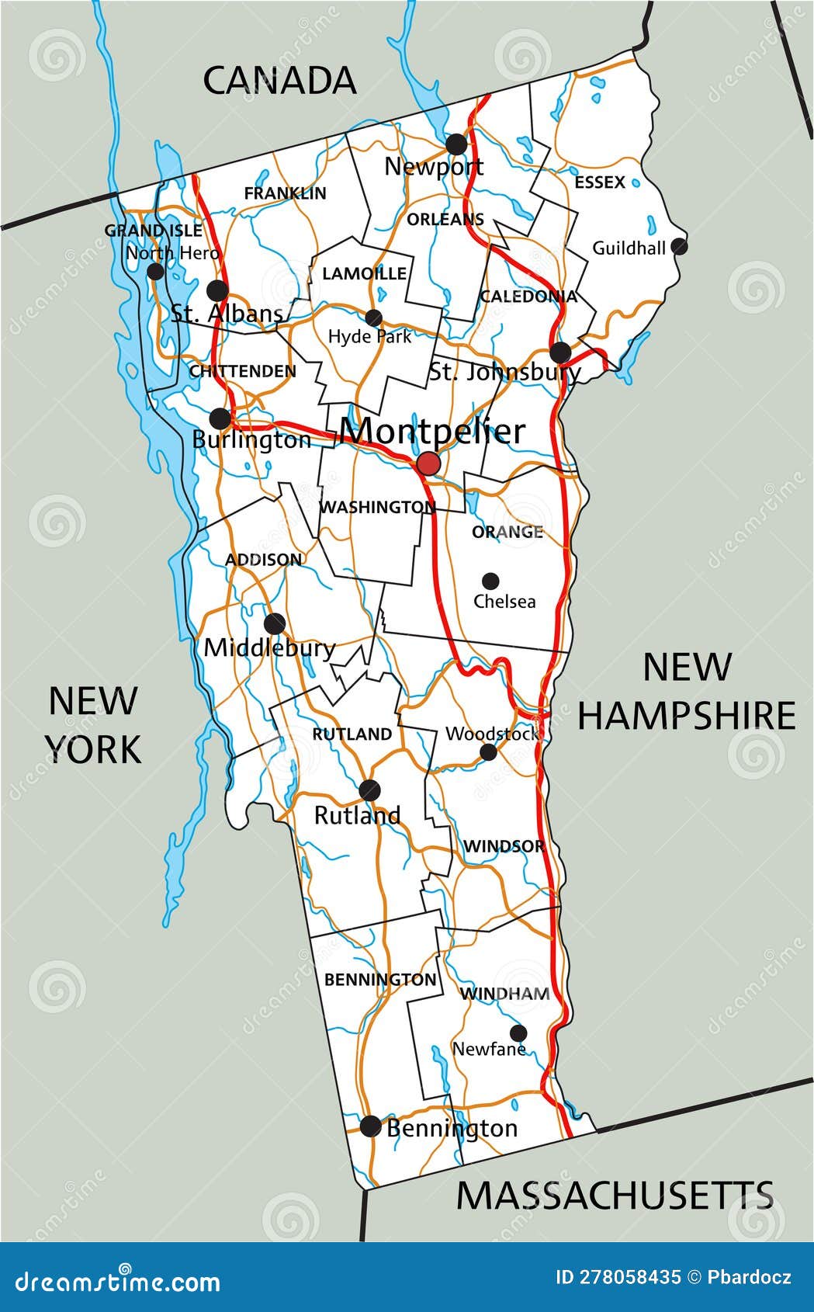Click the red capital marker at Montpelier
[x=428, y=464]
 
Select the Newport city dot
[x=456, y=144]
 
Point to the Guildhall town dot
[x=680, y=247]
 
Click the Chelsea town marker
[x=490, y=581]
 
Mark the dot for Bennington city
[x=371, y=1126]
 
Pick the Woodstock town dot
[x=489, y=751]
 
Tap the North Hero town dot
[x=156, y=272]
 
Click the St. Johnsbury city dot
[x=560, y=352]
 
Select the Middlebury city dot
[x=274, y=623]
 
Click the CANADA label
[x=279, y=81]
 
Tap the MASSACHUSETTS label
[x=615, y=1196]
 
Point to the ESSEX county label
[x=600, y=182]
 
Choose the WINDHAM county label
[x=505, y=994]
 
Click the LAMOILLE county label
[x=364, y=273]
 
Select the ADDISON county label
[x=264, y=560]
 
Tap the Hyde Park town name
[x=369, y=337]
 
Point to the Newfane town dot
[x=518, y=1033]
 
